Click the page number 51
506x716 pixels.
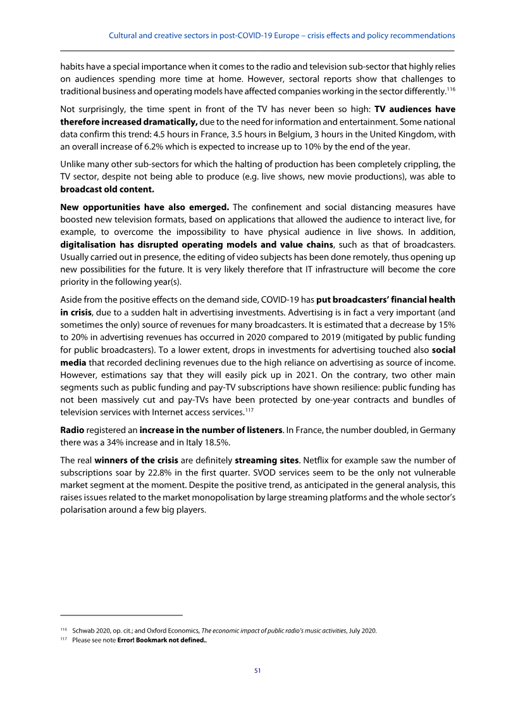click(x=257, y=670)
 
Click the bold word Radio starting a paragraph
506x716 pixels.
click(x=73, y=430)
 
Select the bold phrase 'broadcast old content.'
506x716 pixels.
click(x=107, y=189)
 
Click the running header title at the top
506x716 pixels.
click(x=282, y=35)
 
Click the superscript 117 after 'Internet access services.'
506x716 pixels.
click(x=249, y=410)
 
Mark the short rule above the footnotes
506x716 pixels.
click(x=121, y=615)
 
